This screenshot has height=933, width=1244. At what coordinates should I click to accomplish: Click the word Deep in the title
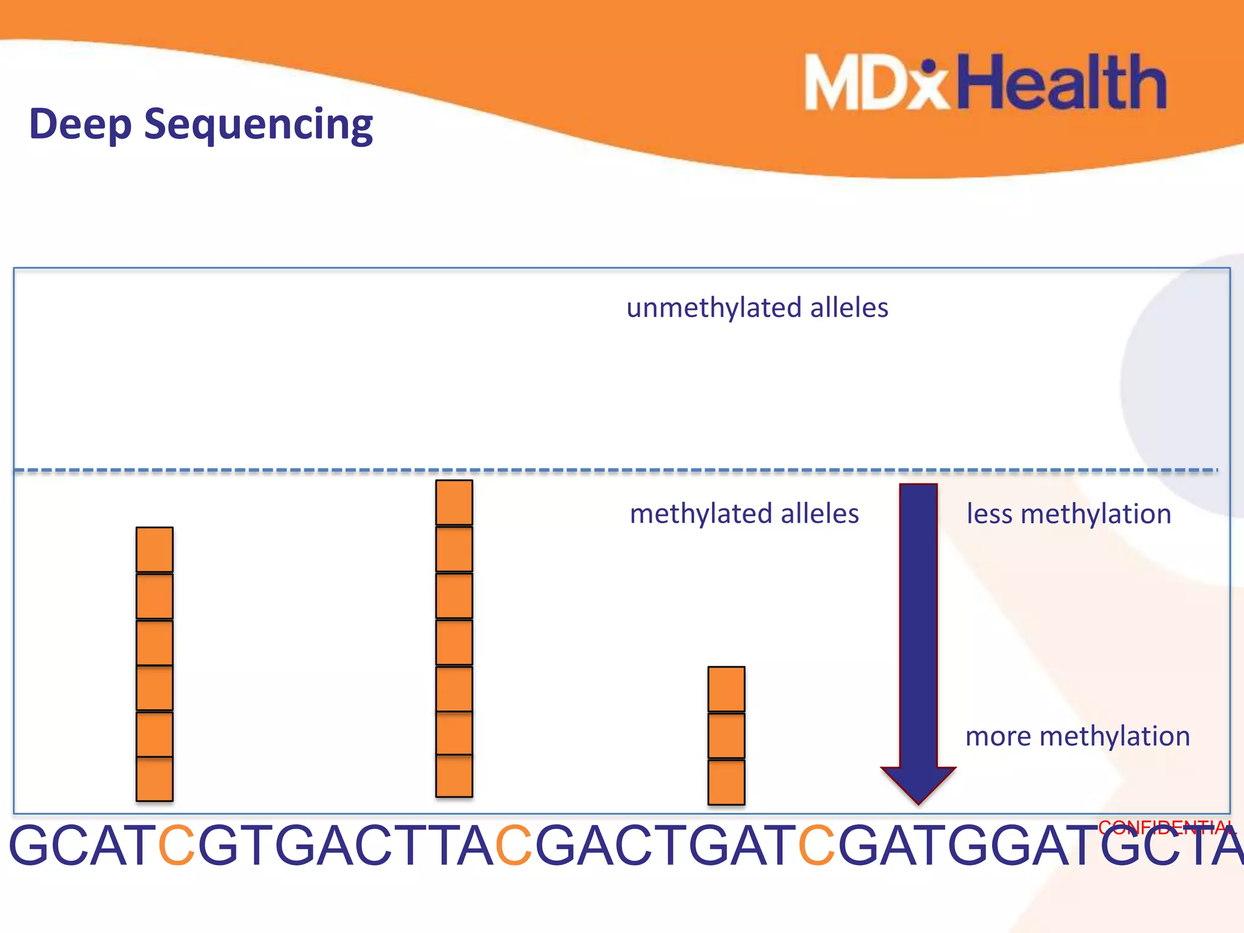pos(80,124)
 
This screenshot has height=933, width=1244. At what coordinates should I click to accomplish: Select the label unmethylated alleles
pos(757,308)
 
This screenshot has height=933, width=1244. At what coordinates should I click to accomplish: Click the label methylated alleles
pos(744,514)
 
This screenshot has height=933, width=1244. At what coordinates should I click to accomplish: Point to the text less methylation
pos(1068,514)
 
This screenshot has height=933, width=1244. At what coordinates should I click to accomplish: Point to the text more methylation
pos(1077,736)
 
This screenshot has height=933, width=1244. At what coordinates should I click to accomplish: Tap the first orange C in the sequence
pos(177,846)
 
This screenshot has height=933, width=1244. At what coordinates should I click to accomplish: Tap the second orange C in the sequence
pos(514,846)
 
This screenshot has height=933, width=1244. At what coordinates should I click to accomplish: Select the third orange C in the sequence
pos(817,846)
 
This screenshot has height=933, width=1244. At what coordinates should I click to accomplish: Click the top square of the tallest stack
pos(454,502)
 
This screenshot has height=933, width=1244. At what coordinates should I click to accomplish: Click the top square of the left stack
pos(154,549)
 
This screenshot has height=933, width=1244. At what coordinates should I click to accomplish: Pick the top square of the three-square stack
pos(726,689)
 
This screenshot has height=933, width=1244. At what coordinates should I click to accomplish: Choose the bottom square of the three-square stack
pos(726,782)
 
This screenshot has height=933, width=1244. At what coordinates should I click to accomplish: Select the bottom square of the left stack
pos(154,779)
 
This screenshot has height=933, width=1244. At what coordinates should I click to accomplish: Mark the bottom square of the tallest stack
pos(454,776)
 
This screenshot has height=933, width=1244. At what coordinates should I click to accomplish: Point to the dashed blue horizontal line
pos(607,470)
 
